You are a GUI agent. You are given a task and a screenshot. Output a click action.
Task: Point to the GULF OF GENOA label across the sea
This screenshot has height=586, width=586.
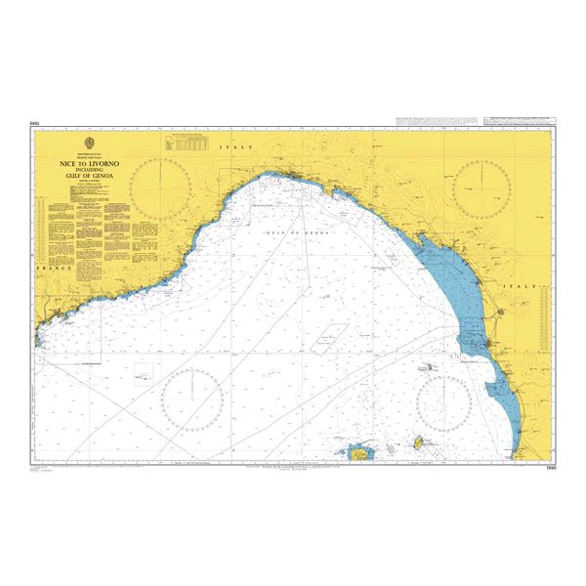(298, 234)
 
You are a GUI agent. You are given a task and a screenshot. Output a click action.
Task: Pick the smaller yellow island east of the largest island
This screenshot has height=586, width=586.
(414, 443)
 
